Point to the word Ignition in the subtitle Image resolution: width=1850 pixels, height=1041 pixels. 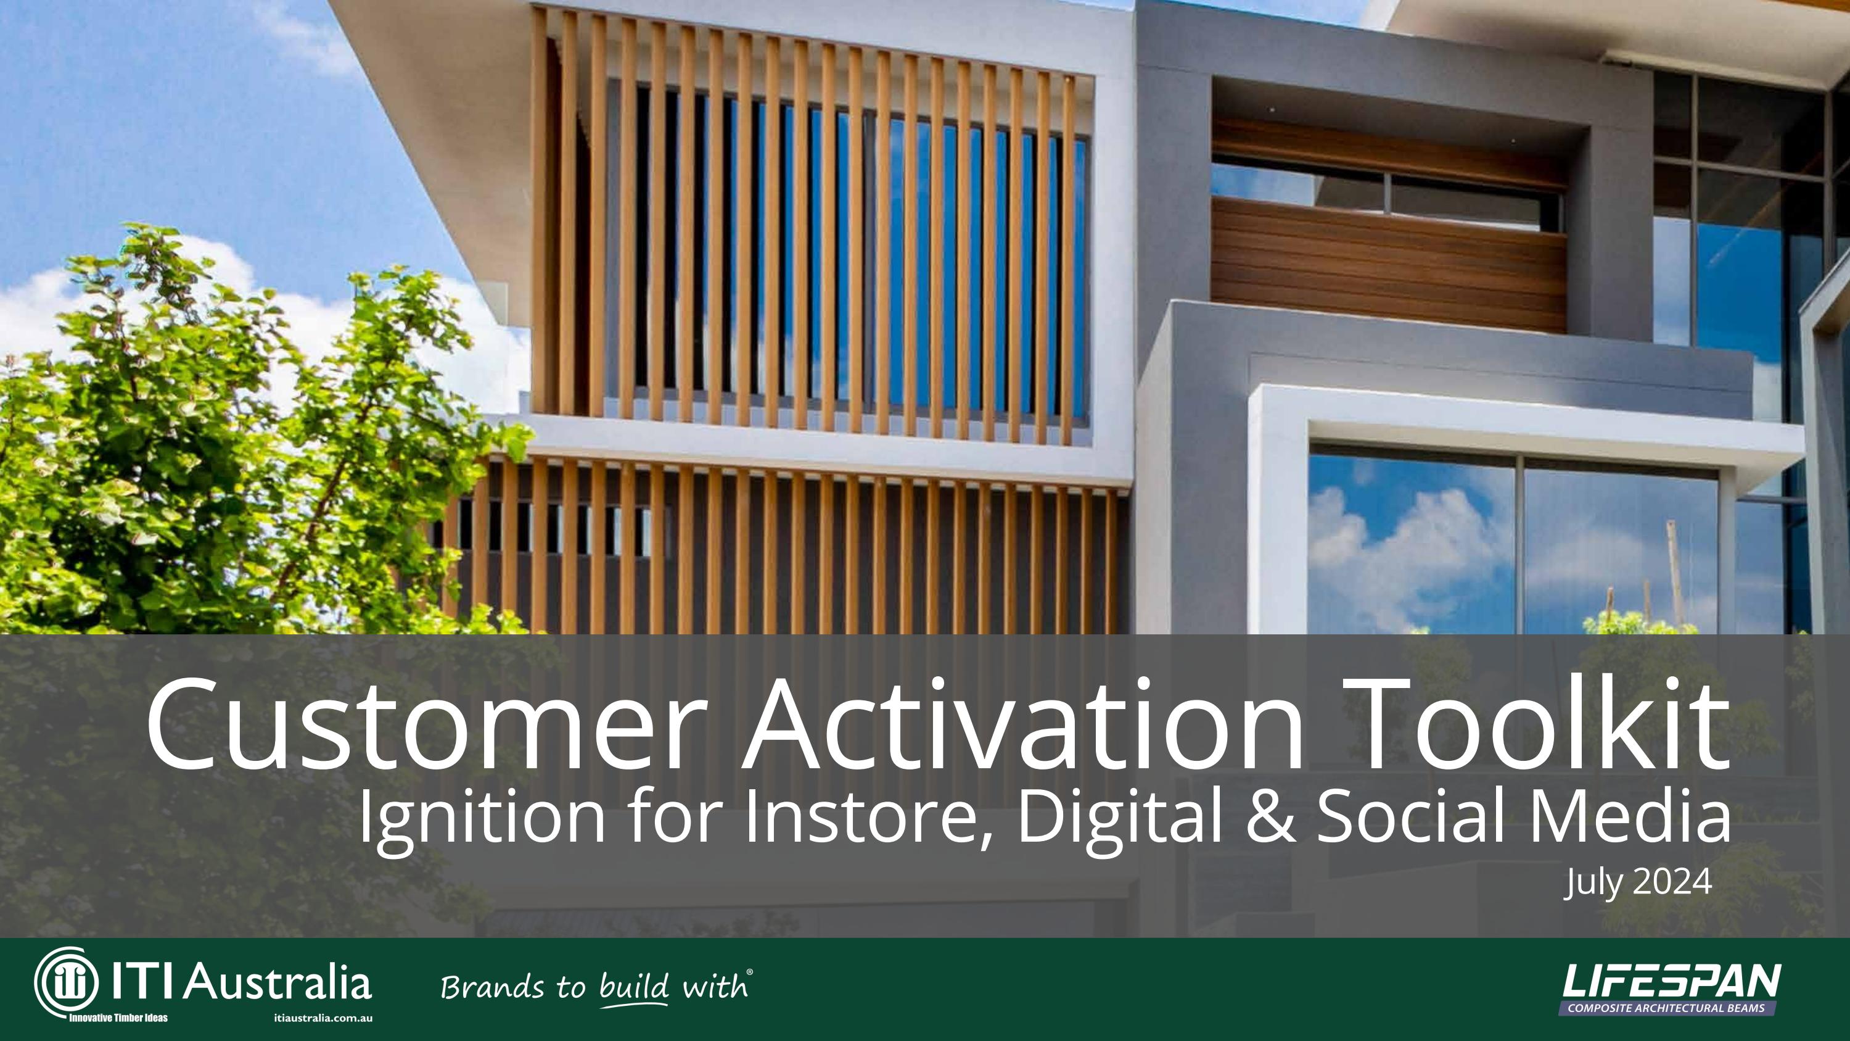click(482, 818)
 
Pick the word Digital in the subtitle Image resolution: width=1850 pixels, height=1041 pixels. click(1120, 818)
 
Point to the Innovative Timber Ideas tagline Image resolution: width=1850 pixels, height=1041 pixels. click(118, 1018)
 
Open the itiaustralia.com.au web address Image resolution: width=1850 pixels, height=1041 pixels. click(323, 1018)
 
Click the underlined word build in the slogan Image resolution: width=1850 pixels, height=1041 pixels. click(633, 987)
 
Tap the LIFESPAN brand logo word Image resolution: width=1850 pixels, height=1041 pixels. click(1671, 981)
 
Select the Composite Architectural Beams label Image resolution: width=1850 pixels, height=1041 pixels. click(1666, 1008)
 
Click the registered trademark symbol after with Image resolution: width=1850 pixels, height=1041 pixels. click(750, 972)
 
